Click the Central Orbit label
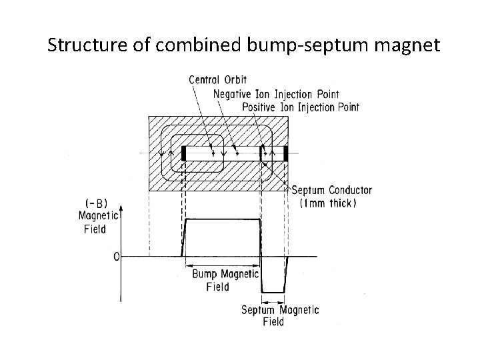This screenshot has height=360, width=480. [217, 80]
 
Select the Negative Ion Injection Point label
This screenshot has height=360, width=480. [276, 93]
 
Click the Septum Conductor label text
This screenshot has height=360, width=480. [332, 191]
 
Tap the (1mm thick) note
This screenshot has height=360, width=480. [329, 203]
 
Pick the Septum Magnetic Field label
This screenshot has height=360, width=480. [279, 315]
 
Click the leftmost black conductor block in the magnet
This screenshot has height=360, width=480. [183, 153]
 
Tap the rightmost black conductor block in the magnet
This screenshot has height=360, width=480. [286, 153]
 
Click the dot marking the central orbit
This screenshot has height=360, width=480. [213, 153]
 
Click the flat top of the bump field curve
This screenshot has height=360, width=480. [221, 219]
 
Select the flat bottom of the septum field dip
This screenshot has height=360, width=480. [273, 292]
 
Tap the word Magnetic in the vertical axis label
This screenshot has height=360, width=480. [97, 215]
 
